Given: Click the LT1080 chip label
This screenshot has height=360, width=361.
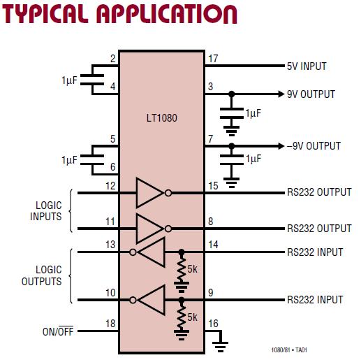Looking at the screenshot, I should click(162, 118).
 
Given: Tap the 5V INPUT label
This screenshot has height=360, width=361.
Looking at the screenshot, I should click(307, 66).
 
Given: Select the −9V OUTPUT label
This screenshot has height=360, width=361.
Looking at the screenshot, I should click(314, 146).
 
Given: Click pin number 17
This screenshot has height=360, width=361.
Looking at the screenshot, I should click(213, 59).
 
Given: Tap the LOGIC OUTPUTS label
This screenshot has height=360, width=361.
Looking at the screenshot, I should click(48, 276).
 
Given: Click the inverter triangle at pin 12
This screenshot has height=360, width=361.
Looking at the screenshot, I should click(150, 192).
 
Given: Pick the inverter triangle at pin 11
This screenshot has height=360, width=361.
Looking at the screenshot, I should click(150, 228).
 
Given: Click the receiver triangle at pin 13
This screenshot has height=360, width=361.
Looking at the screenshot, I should click(152, 251).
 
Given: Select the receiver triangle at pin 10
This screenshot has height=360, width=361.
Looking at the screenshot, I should click(152, 300).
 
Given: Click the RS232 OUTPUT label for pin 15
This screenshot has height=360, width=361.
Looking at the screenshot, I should click(319, 192).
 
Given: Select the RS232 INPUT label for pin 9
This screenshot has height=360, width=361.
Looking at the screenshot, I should click(315, 300).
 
